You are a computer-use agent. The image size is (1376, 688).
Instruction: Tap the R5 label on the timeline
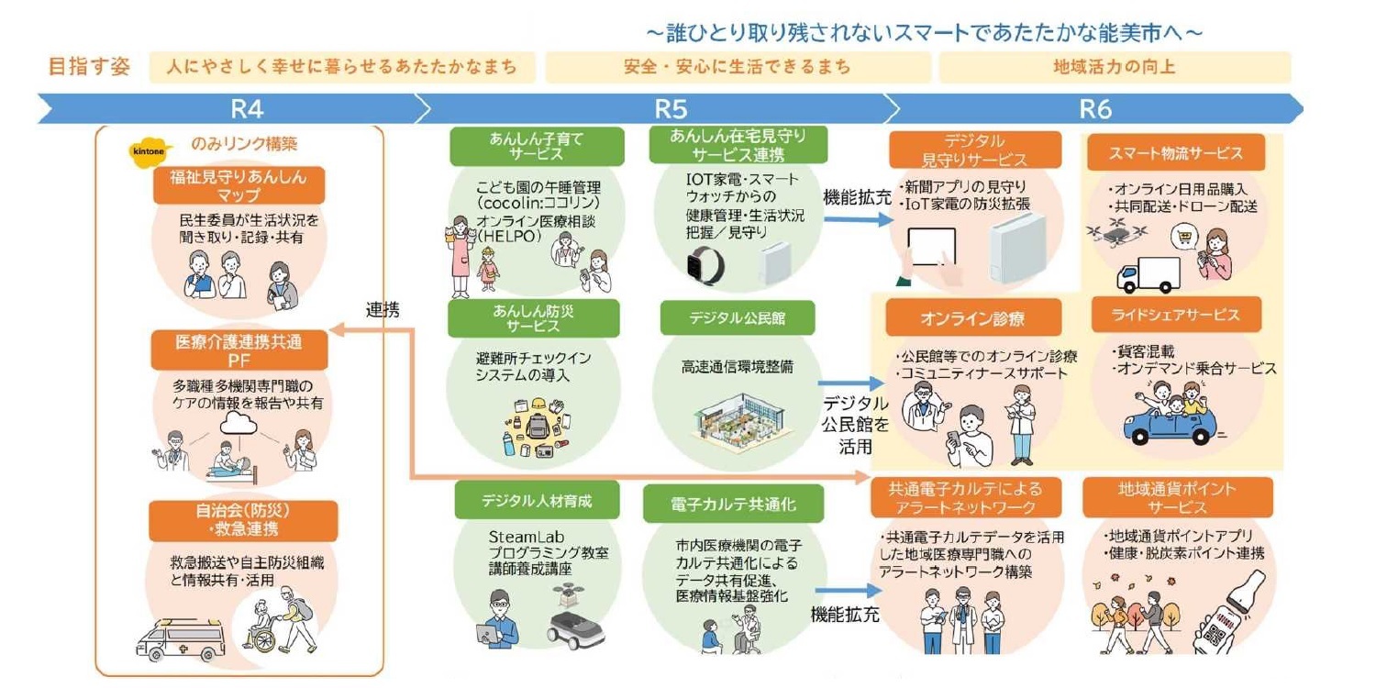tap(671, 109)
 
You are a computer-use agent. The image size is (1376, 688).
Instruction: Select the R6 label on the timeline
tap(1094, 109)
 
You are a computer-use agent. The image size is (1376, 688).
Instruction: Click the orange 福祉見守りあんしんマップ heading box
tap(239, 185)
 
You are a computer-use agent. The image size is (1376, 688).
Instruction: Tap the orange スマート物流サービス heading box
tap(1164, 152)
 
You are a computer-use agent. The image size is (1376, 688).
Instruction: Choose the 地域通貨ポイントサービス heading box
tap(1178, 497)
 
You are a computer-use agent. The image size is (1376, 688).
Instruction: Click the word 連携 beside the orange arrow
tap(382, 310)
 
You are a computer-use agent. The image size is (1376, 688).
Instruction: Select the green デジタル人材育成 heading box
tap(537, 501)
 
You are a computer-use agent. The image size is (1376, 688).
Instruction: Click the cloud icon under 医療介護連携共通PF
tap(242, 423)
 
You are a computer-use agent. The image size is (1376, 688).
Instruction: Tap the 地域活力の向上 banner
tap(1114, 67)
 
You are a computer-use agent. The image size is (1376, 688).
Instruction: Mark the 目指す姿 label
tap(90, 67)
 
